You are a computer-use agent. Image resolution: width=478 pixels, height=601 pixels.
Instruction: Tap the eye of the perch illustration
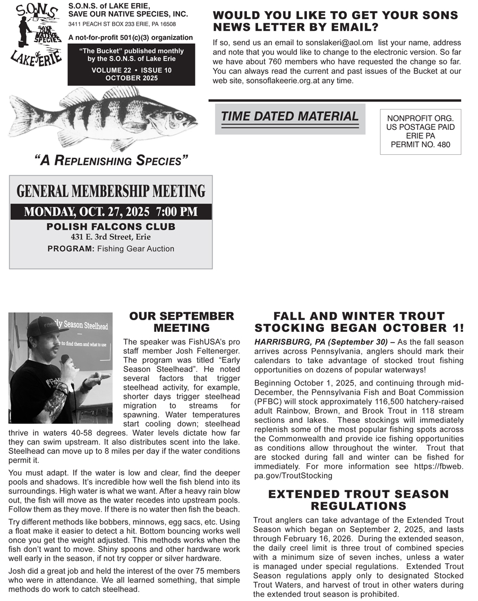tap(179, 115)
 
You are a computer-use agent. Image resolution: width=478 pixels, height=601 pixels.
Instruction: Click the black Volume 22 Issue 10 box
tap(131, 64)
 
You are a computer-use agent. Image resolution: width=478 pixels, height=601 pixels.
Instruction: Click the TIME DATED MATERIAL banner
tap(289, 116)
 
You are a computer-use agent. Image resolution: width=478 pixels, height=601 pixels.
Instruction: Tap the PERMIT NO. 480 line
tap(420, 144)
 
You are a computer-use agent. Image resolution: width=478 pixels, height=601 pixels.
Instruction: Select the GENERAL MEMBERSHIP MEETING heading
tap(111, 191)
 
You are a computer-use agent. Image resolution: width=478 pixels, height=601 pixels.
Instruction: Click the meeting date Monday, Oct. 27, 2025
tap(87, 212)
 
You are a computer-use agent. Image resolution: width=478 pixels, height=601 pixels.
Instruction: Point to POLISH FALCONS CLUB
tap(111, 227)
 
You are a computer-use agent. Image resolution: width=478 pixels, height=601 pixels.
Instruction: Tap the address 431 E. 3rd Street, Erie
tap(111, 237)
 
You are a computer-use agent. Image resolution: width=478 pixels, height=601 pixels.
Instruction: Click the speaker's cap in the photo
tap(45, 325)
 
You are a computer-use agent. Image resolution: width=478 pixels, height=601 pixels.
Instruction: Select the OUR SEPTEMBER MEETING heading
tap(182, 322)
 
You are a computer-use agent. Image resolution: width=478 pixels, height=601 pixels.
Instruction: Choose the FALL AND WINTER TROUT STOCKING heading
tap(358, 322)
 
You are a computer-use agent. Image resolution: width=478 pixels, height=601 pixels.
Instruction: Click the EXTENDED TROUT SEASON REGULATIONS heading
tap(358, 500)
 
